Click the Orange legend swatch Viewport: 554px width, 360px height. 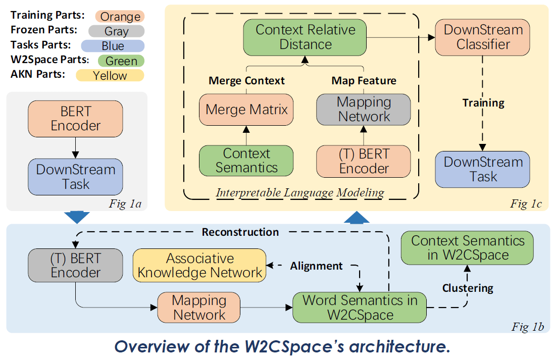tap(120, 17)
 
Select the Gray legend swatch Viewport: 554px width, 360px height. tap(117, 31)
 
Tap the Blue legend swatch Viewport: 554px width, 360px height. tap(113, 46)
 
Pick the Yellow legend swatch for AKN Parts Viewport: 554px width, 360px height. tap(110, 76)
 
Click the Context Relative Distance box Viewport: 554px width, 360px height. tap(306, 37)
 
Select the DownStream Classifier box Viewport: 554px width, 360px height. tap(482, 37)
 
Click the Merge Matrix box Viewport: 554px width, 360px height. tap(246, 110)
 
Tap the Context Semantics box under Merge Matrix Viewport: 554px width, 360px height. tap(246, 161)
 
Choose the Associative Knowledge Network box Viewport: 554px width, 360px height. tap(200, 266)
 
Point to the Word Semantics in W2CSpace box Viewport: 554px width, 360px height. tap(360, 307)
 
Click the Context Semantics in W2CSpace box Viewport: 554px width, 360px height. tap(467, 248)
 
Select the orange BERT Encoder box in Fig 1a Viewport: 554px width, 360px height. tap(76, 118)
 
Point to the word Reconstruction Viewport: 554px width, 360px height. tap(240, 232)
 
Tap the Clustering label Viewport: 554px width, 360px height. tap(468, 288)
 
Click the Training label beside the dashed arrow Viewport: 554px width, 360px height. tap(483, 103)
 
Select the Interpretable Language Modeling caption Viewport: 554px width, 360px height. tap(300, 192)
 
